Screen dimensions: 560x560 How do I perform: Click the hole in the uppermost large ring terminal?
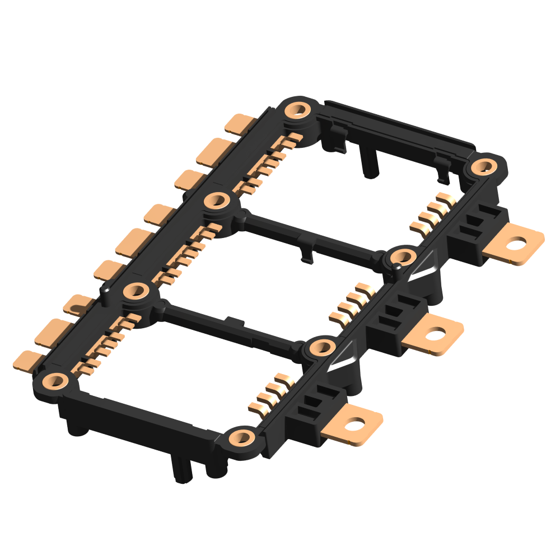(519, 244)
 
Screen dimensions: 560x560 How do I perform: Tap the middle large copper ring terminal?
(433, 334)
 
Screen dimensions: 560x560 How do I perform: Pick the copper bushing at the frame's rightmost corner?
(483, 165)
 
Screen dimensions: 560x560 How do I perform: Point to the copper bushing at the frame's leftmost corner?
(54, 381)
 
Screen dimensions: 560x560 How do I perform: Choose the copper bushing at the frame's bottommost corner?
(241, 437)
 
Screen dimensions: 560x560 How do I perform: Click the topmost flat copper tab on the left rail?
(240, 123)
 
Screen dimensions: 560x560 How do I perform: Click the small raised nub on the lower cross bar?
(234, 321)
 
